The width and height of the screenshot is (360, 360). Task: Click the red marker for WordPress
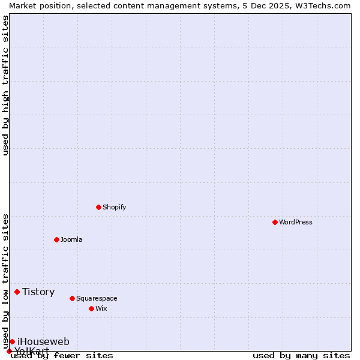[275, 222]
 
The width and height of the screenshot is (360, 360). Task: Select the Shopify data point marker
[98, 207]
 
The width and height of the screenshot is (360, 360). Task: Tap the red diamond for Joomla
[56, 239]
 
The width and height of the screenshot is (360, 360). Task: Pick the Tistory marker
[17, 292]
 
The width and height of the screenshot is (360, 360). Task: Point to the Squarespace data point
[72, 298]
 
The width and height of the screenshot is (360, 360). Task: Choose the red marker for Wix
[91, 308]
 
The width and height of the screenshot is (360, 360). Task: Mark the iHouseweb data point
[12, 341]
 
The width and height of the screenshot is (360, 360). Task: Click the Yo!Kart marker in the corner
[9, 351]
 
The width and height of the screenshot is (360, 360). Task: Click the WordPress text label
[296, 222]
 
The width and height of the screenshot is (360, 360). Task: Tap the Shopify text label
[114, 207]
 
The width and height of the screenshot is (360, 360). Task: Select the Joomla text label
[71, 239]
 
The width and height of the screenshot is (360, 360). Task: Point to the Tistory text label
[38, 292]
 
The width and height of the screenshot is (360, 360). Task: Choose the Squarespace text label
[97, 298]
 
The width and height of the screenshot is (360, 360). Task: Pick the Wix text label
[101, 308]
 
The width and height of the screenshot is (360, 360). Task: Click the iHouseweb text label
[43, 341]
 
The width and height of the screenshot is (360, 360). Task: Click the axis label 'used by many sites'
[301, 356]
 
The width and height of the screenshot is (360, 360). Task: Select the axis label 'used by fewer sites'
[62, 356]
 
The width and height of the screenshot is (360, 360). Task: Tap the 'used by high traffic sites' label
[6, 85]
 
